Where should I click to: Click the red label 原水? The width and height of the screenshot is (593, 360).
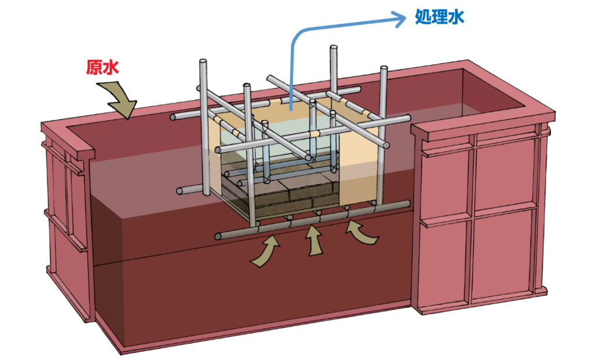[103, 68]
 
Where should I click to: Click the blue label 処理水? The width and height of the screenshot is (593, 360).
[440, 17]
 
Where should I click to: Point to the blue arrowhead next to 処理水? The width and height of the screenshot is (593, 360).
[399, 20]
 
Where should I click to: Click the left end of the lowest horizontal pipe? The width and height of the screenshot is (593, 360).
[218, 236]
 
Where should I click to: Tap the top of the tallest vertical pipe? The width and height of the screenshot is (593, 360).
[334, 48]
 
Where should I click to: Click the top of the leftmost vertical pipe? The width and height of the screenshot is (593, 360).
[203, 62]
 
